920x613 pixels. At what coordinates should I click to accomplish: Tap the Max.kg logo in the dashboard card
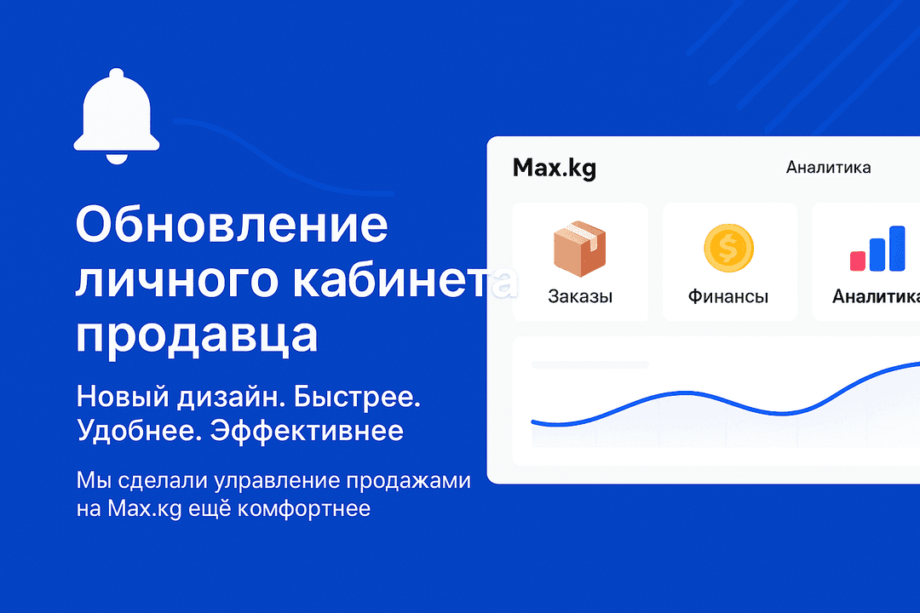click(x=554, y=168)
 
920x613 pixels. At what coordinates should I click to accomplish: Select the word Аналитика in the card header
click(x=828, y=168)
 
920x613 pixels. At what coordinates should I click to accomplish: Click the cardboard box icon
click(x=580, y=248)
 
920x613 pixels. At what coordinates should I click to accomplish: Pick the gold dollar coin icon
click(x=728, y=248)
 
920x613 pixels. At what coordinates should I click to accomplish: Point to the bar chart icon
click(x=877, y=249)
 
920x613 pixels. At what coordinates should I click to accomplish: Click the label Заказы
click(x=580, y=297)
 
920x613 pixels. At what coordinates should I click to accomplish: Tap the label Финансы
click(x=728, y=297)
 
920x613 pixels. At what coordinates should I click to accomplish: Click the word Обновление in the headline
click(x=232, y=226)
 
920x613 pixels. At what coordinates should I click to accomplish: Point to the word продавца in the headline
click(x=197, y=337)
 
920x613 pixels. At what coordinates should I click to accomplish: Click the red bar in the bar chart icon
click(x=857, y=261)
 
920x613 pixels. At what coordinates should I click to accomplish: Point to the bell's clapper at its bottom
click(x=116, y=158)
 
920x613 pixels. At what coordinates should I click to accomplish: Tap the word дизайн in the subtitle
click(x=229, y=397)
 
